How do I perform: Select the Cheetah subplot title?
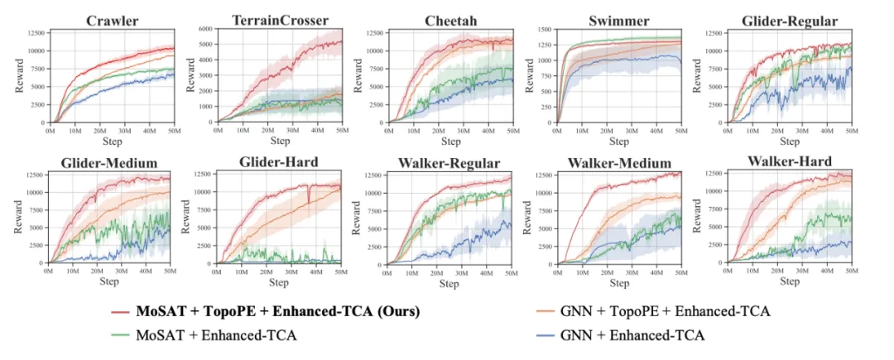click(x=449, y=19)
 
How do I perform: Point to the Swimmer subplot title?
click(x=619, y=19)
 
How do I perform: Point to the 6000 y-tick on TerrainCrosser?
click(x=204, y=30)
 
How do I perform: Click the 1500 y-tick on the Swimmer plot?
click(x=541, y=30)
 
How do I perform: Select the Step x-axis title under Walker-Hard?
click(x=790, y=281)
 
